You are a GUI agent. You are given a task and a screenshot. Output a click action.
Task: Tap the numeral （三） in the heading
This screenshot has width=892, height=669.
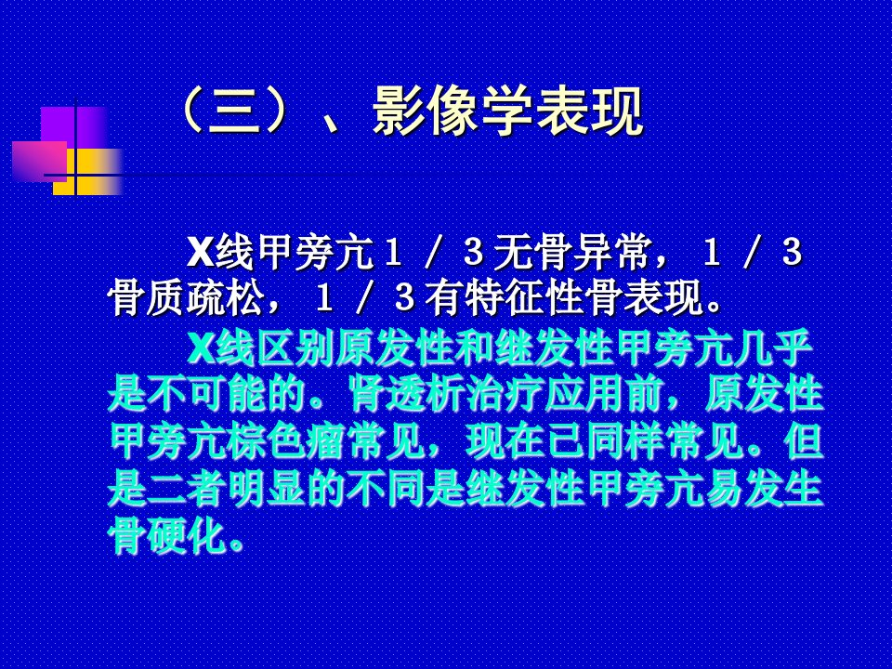pyautogui.click(x=238, y=111)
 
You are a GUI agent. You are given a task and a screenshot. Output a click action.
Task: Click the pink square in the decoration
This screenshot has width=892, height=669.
pyautogui.click(x=40, y=161)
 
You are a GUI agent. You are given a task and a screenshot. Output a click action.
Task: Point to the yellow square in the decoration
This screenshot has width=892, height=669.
pyautogui.click(x=87, y=172)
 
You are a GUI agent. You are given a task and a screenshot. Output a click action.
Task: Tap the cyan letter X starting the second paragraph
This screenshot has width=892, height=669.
pyautogui.click(x=201, y=348)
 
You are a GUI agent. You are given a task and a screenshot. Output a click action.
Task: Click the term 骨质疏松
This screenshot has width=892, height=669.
pyautogui.click(x=187, y=297)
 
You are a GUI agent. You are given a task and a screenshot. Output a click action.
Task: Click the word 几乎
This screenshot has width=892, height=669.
pyautogui.click(x=774, y=348)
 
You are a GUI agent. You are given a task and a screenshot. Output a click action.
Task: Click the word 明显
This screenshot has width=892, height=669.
pyautogui.click(x=268, y=489)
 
